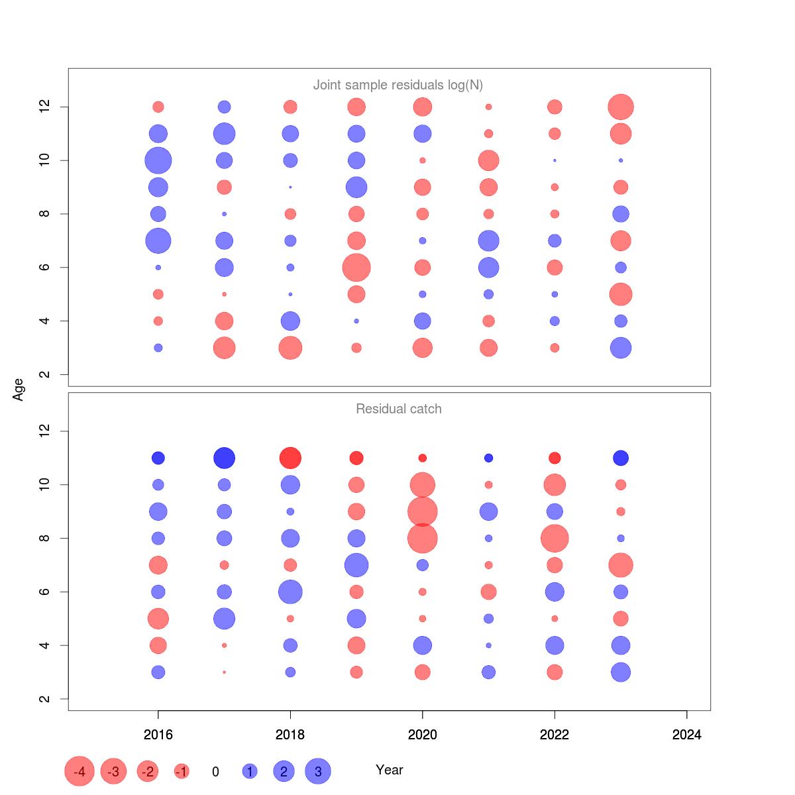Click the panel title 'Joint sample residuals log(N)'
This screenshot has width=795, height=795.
(397, 85)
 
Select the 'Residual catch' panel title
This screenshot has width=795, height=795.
(398, 409)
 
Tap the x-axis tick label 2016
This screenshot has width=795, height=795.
(158, 734)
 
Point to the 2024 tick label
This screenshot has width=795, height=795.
(686, 734)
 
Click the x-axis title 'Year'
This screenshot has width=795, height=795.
(389, 770)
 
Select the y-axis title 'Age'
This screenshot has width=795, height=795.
(19, 390)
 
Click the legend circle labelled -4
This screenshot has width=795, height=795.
(79, 771)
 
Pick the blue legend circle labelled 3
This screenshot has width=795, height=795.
(318, 771)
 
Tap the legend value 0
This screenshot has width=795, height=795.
(215, 772)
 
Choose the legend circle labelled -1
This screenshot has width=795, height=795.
(182, 771)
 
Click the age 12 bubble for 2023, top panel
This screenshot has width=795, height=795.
(621, 107)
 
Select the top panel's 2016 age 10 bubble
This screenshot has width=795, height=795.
(158, 160)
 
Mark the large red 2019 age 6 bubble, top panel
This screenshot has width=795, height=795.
(356, 268)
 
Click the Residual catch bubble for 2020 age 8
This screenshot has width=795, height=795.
(423, 538)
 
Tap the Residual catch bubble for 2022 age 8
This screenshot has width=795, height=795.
(555, 538)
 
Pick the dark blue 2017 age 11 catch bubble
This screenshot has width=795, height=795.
(225, 458)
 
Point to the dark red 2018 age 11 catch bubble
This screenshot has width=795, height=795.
(290, 458)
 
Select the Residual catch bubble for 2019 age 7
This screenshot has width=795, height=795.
(356, 565)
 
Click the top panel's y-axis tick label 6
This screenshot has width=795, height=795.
(44, 267)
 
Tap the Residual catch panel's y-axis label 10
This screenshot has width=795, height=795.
(44, 485)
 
